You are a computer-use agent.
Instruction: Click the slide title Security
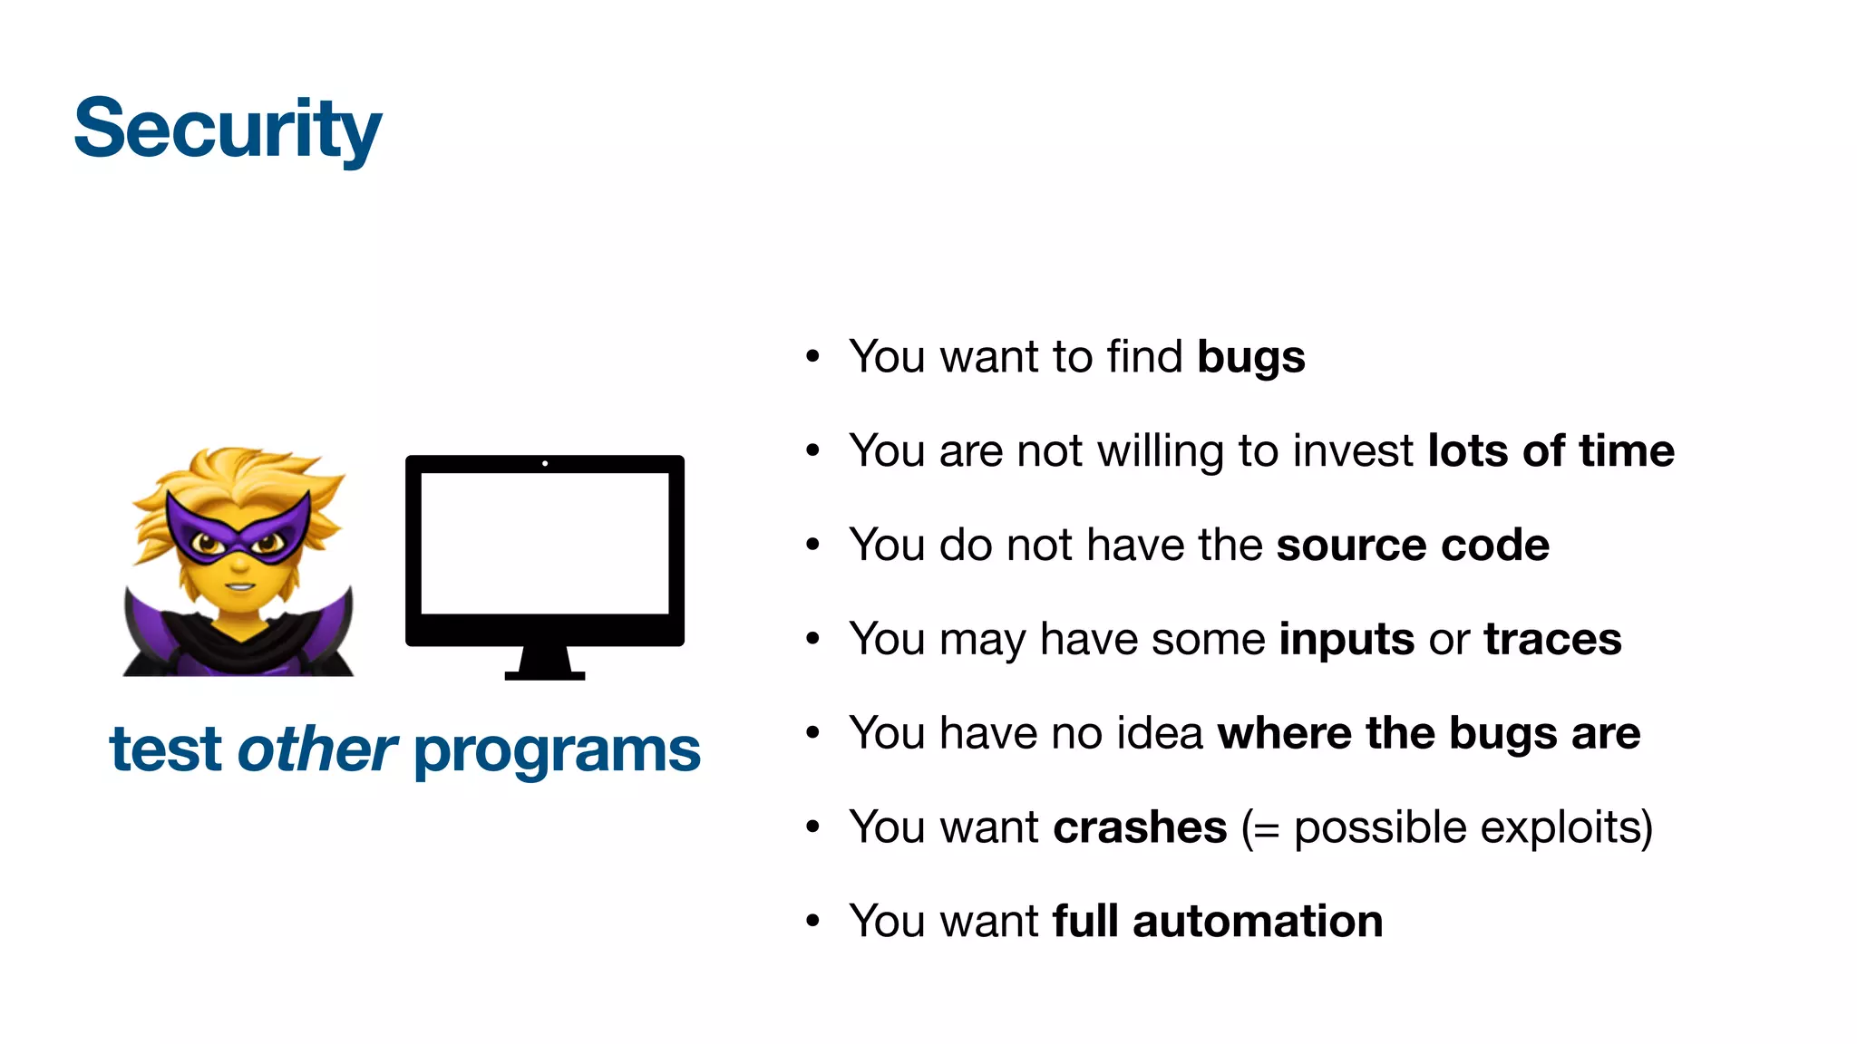[228, 130]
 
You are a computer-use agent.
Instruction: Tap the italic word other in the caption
[316, 750]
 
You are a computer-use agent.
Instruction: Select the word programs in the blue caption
[557, 752]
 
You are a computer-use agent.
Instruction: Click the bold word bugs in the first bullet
[1250, 357]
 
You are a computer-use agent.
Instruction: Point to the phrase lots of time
[1551, 450]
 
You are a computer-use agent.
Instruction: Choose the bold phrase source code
[1413, 545]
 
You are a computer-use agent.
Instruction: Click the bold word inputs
[1346, 640]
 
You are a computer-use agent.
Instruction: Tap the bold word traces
[1552, 639]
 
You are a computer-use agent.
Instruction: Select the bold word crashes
[1140, 827]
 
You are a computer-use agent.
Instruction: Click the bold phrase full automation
[1218, 922]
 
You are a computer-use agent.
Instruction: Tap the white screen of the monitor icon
[545, 543]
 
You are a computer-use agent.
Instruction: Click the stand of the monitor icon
[545, 663]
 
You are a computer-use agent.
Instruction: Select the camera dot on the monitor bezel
[545, 463]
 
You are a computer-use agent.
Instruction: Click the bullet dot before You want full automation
[812, 922]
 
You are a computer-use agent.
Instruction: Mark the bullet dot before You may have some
[812, 639]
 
